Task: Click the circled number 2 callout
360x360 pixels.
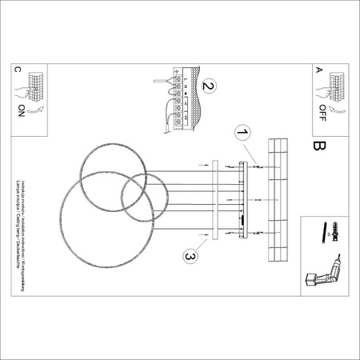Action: point(208,86)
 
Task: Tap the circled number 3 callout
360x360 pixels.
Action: point(190,256)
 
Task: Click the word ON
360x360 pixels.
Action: point(21,111)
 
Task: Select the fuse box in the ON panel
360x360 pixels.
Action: point(36,82)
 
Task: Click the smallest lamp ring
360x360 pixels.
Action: point(146,198)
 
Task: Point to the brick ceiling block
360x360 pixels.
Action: point(278,201)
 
